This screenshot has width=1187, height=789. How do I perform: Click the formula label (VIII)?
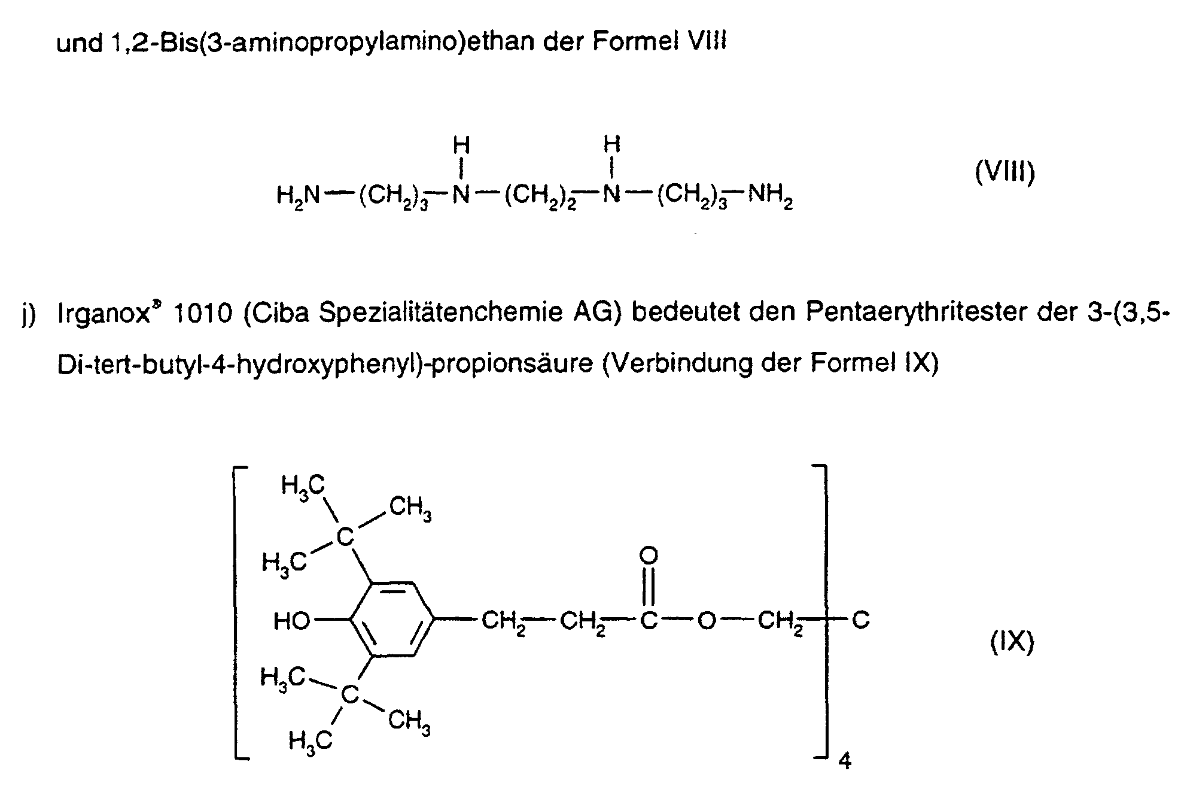(x=1005, y=173)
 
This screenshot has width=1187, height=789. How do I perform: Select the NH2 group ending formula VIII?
(x=770, y=196)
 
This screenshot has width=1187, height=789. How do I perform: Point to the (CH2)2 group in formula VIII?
(x=539, y=196)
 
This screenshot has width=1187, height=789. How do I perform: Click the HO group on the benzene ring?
(x=291, y=621)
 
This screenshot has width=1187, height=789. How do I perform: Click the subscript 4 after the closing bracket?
(x=845, y=761)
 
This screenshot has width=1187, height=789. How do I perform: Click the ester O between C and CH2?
(x=707, y=621)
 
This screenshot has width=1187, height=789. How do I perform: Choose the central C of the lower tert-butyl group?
(x=349, y=694)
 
